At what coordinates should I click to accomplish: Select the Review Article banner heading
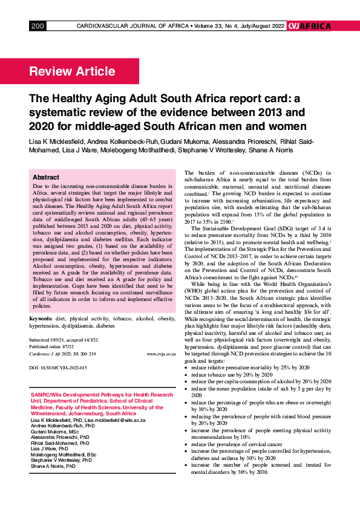tap(72, 72)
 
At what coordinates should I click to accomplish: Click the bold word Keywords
tap(41, 317)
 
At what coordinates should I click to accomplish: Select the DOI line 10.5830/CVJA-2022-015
tap(58, 368)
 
